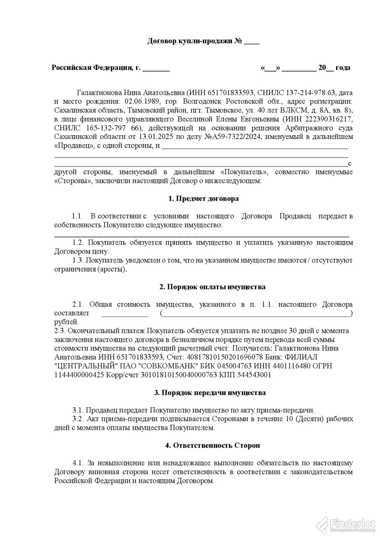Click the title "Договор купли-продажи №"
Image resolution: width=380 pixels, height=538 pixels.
click(x=195, y=41)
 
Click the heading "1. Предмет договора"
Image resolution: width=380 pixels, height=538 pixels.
click(x=203, y=198)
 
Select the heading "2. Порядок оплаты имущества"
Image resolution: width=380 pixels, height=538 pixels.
click(x=212, y=287)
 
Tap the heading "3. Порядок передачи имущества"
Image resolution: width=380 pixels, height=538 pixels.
click(x=209, y=393)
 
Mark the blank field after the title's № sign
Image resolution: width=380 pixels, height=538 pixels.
click(x=252, y=42)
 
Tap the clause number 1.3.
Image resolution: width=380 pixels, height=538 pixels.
click(x=79, y=260)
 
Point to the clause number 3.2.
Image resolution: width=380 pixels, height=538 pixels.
click(x=79, y=419)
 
